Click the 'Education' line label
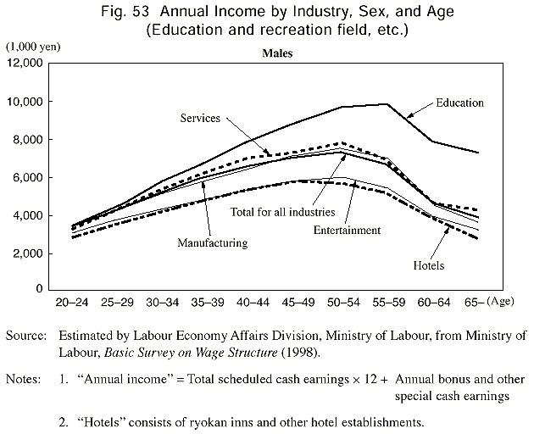click(460, 103)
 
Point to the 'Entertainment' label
click(347, 230)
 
